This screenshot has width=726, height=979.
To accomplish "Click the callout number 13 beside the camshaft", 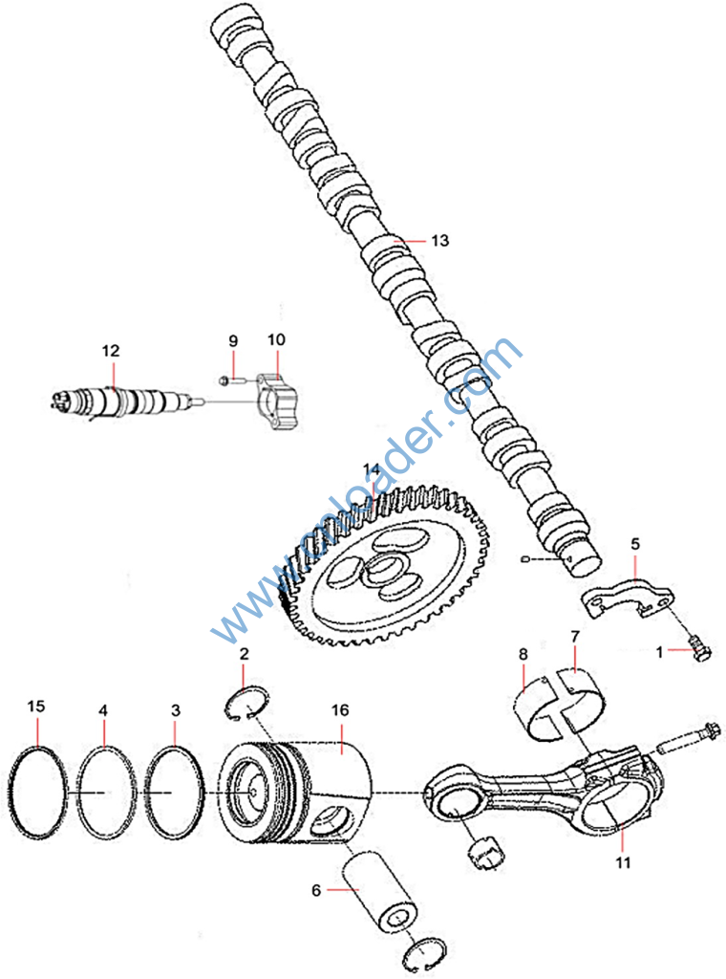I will pyautogui.click(x=438, y=241).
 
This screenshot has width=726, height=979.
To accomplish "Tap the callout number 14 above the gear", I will pyautogui.click(x=371, y=468).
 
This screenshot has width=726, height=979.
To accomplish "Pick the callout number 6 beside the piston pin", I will pyautogui.click(x=316, y=889).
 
